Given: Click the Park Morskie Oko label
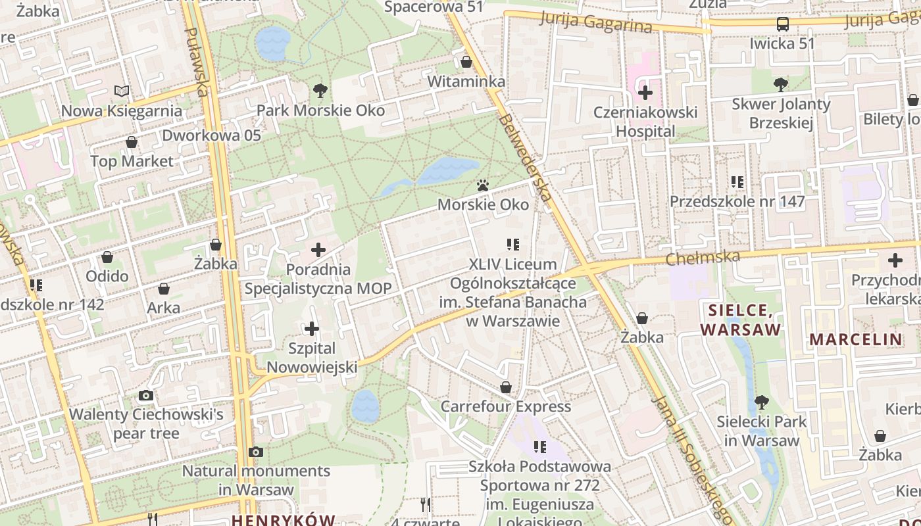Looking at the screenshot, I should pos(320,110).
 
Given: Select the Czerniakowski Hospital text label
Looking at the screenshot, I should pos(645,122).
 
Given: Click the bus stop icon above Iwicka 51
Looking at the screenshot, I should pos(783,24).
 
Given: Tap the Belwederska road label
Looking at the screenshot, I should pos(524,158).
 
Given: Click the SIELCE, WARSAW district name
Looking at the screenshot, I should pos(741,320).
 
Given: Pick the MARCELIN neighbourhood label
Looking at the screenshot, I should pos(855,340).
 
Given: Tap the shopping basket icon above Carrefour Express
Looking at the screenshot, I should pos(506,387).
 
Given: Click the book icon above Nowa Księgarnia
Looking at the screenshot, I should pos(122,91).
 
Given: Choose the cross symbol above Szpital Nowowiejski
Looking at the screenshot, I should pos(312,328).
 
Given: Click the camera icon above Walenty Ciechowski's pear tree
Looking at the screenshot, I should pos(146,395).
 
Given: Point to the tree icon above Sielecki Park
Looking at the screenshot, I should pos(762,402).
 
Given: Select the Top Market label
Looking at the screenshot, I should pos(132,161).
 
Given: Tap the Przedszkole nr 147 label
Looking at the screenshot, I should pos(737,201).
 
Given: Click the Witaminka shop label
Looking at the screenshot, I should pos(466,82).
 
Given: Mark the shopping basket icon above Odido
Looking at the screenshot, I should pos(107,256).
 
